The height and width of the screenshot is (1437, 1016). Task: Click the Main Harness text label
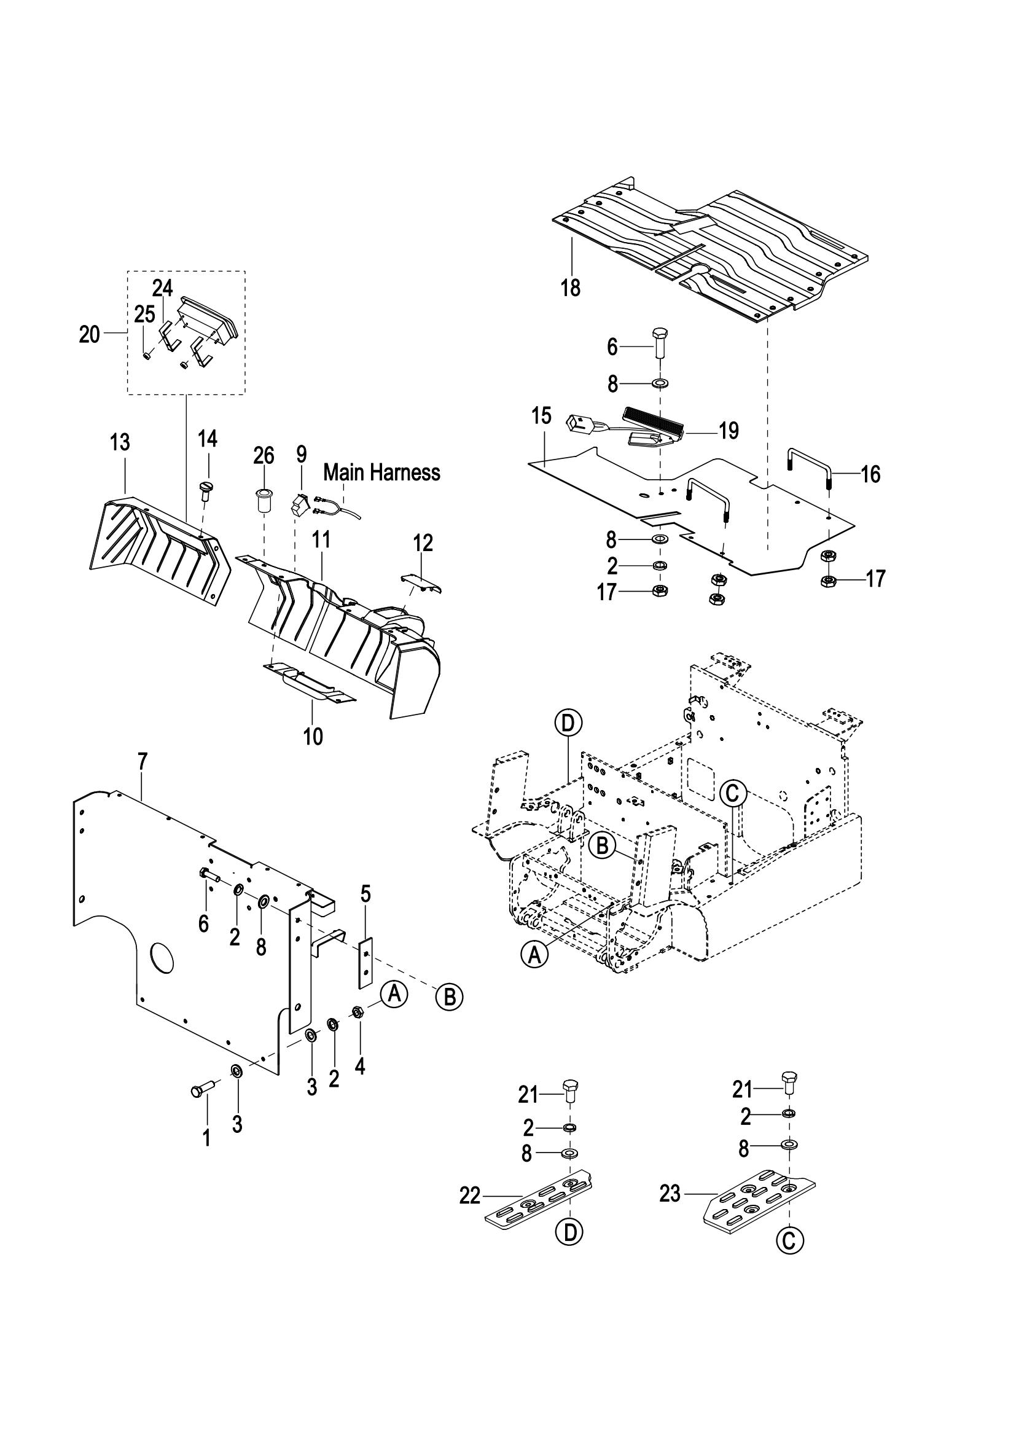[x=381, y=472]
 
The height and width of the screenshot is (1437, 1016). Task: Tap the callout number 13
[x=120, y=442]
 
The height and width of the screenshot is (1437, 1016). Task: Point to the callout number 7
[x=143, y=762]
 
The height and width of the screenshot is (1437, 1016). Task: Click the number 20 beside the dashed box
[x=90, y=335]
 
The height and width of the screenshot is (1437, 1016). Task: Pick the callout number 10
[x=313, y=736]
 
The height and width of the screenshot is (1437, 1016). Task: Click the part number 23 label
[x=670, y=1194]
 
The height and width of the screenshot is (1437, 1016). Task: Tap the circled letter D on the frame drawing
[x=568, y=723]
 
